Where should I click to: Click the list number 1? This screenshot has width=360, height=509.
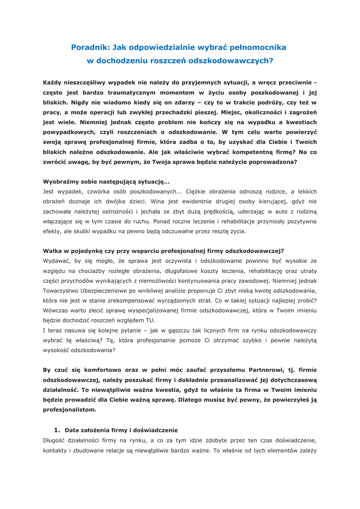(57, 430)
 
